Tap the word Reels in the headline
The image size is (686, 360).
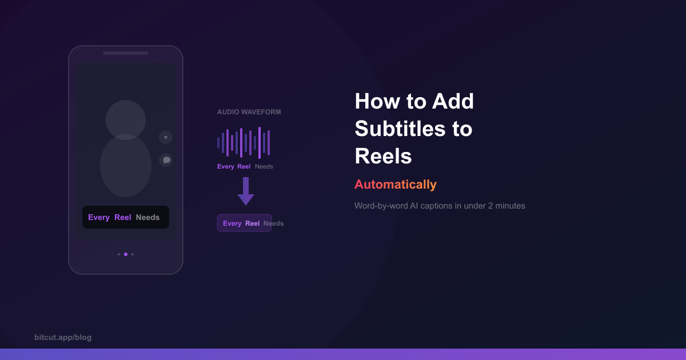click(383, 156)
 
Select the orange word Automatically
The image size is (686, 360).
click(395, 185)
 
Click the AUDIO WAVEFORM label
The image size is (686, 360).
click(249, 112)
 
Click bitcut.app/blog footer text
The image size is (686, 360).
click(63, 337)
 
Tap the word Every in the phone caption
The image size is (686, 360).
click(99, 217)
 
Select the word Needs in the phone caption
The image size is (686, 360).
click(147, 217)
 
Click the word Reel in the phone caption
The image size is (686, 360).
click(123, 217)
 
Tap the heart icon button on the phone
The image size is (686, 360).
click(166, 137)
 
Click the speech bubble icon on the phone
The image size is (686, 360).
click(166, 160)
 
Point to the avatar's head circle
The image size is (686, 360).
click(126, 119)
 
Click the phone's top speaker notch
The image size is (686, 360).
click(126, 53)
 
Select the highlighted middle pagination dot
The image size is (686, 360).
click(126, 254)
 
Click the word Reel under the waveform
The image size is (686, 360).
click(244, 167)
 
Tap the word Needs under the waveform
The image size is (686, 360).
click(264, 167)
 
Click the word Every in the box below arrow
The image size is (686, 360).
click(232, 223)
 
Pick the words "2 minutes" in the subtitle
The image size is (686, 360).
click(506, 206)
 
